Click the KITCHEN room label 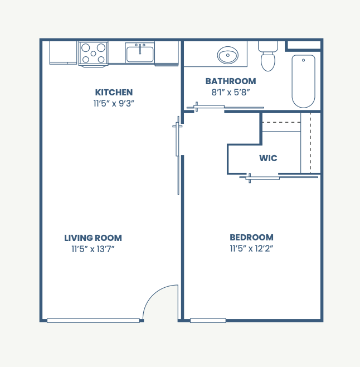click(x=114, y=93)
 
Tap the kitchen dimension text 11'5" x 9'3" click(x=114, y=103)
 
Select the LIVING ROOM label click(x=93, y=238)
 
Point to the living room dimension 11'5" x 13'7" click(x=93, y=249)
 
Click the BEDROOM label click(x=251, y=238)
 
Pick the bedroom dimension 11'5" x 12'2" click(x=251, y=249)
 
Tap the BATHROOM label click(x=230, y=81)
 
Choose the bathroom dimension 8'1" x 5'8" click(x=230, y=93)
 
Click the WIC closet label click(x=268, y=158)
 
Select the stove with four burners click(x=93, y=54)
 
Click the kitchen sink click(x=139, y=54)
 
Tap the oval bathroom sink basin click(x=227, y=55)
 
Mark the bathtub click(x=303, y=80)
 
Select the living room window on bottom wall click(x=93, y=320)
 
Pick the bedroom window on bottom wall click(x=208, y=320)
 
